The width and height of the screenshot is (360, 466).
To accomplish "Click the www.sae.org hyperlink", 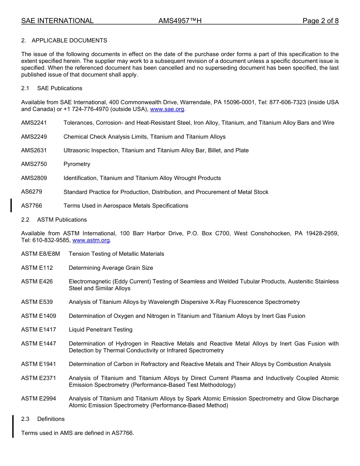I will click(167, 109).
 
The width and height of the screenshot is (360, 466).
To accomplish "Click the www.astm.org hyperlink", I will click(91, 240).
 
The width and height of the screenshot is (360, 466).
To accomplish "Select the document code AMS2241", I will click(34, 123).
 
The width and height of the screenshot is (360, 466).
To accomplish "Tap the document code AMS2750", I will click(34, 164).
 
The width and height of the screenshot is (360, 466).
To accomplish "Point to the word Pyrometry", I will click(77, 164).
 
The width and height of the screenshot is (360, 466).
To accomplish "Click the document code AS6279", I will click(32, 192).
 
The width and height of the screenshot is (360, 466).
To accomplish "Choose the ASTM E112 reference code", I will click(37, 268).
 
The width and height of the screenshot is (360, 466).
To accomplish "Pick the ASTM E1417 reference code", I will click(39, 330).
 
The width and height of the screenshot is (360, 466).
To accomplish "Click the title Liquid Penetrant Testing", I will click(100, 330).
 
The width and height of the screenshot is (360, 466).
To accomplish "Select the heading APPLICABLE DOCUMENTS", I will click(69, 41).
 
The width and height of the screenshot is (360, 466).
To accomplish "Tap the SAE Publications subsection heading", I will click(59, 88).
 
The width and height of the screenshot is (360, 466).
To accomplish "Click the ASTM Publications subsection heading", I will click(62, 220).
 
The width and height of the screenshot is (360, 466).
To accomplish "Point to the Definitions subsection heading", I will click(51, 419).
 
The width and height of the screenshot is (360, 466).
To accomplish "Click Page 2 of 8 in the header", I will click(320, 21).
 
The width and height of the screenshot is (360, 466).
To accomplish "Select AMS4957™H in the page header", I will click(180, 21).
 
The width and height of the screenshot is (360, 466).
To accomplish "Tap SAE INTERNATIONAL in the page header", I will click(57, 21).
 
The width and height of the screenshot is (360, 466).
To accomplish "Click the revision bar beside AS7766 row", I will click(11, 205).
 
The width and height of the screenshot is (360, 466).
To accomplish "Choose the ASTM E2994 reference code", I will click(39, 399).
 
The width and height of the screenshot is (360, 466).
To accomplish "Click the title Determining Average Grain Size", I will click(111, 268).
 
